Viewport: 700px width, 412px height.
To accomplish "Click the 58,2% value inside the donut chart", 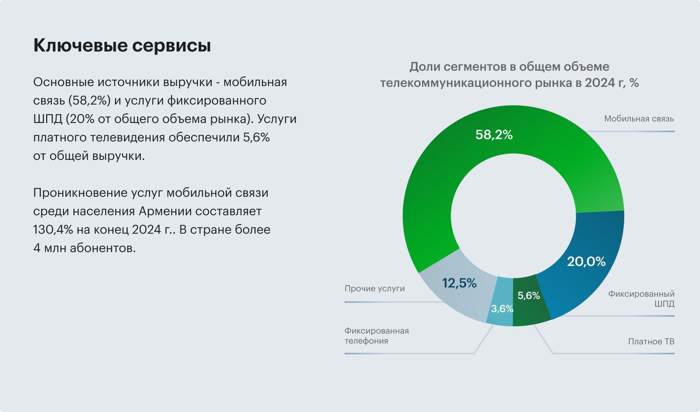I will coord(494,135).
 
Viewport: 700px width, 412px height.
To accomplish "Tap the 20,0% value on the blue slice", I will coord(586,262).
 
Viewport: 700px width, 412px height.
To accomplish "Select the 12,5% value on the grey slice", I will coord(459,283).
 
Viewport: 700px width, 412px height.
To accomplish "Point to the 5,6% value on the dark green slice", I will coord(528,296).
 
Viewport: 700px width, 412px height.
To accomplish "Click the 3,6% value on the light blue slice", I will coord(502,309).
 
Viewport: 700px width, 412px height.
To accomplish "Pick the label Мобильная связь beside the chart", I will coord(638,119).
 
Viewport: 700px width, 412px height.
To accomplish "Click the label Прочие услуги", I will coord(375,289).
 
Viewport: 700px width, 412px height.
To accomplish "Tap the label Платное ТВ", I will coord(651,342).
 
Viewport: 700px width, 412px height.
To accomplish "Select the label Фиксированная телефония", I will coord(376,336).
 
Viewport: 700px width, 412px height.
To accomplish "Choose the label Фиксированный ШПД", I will coord(641,299).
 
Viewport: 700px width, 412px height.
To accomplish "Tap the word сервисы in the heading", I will coord(172,45).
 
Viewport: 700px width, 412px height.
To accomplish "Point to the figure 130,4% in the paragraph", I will coord(53,229).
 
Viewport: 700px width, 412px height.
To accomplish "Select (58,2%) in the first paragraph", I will coord(90,100).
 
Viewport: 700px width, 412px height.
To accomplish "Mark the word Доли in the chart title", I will coord(424,66).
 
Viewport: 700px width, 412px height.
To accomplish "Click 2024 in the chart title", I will coord(601,83).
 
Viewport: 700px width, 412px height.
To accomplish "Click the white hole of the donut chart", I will coord(513,216).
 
